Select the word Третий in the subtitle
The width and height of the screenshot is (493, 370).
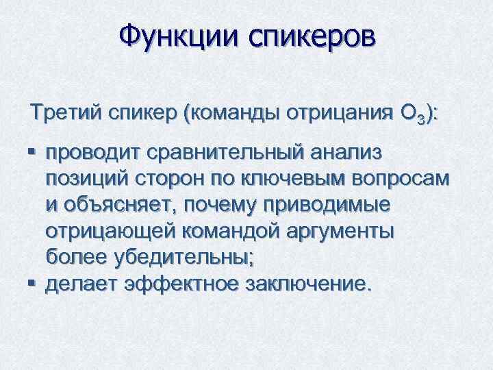64,112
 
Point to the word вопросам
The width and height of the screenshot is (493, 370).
404,179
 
